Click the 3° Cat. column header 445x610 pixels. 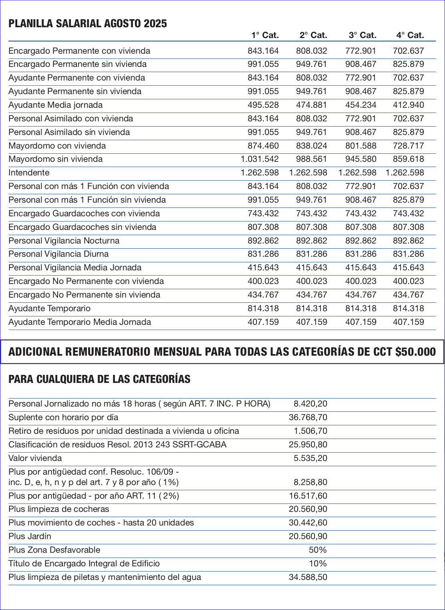click(x=363, y=35)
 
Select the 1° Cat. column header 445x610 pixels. click(x=265, y=35)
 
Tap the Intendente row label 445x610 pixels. click(x=29, y=173)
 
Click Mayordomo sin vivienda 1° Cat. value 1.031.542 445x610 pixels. click(x=260, y=159)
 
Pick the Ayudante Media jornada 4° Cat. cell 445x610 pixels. click(x=408, y=105)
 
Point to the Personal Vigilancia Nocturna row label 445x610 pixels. click(x=64, y=241)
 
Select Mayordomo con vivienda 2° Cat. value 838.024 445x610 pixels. click(x=311, y=146)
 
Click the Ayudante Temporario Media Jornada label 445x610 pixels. click(x=80, y=322)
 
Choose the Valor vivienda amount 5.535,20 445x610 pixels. click(x=310, y=458)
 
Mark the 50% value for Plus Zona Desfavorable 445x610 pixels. click(x=318, y=550)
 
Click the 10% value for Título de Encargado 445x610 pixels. click(x=318, y=564)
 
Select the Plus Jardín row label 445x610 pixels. click(x=30, y=536)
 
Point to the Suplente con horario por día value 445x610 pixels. click(x=308, y=417)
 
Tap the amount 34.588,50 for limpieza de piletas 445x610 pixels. click(x=308, y=577)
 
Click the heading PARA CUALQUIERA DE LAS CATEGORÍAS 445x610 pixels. click(x=99, y=379)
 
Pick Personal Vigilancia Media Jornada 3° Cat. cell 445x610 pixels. click(x=361, y=268)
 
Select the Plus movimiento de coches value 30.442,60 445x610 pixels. click(x=308, y=523)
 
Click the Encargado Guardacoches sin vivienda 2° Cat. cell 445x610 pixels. click(x=311, y=227)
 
